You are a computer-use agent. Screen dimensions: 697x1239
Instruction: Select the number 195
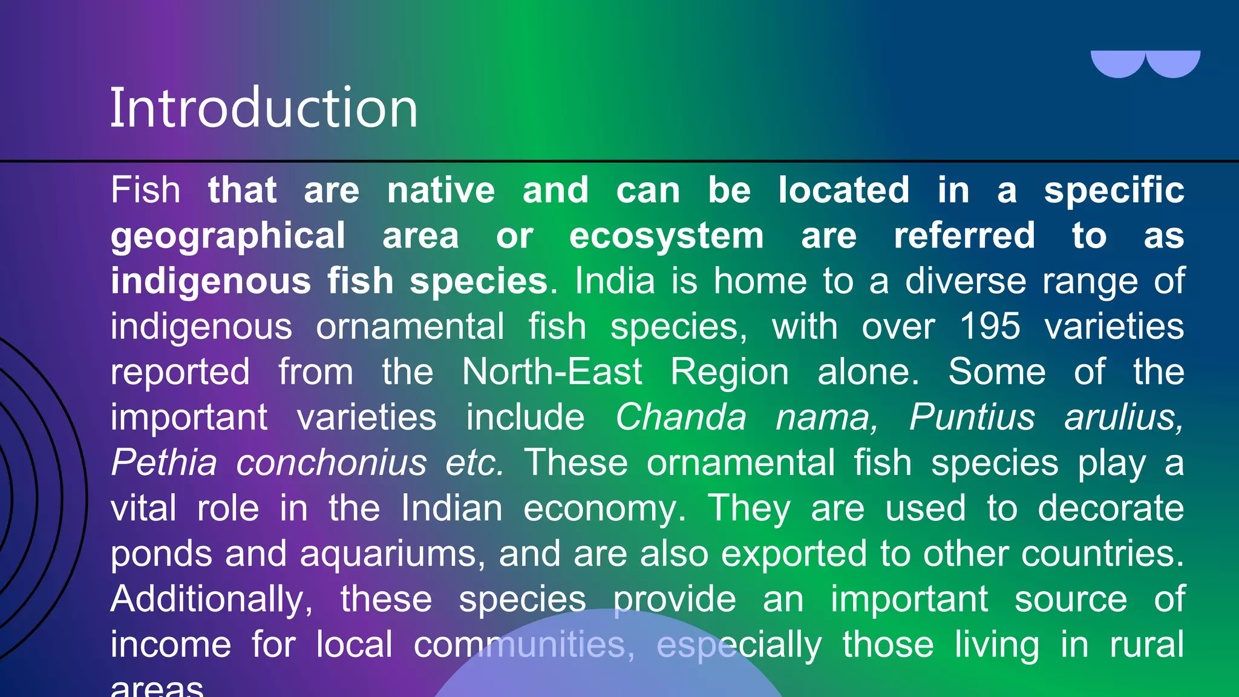point(990,327)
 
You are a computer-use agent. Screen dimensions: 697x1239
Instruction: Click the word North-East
point(552,371)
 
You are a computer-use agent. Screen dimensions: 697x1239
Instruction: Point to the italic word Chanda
point(681,417)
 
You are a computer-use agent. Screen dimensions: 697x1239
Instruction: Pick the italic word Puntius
point(972,417)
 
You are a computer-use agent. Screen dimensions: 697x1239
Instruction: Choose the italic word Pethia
point(164,463)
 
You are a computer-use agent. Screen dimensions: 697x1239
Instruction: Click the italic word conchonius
point(332,463)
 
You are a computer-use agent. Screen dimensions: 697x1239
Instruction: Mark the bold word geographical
point(227,236)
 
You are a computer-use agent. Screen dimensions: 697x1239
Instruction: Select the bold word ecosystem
point(666,236)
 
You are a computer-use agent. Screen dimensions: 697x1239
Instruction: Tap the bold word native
point(441,191)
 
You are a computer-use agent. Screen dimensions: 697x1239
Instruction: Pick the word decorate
point(1111,508)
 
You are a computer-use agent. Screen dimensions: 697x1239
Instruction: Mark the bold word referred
point(964,236)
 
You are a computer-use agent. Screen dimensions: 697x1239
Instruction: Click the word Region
point(730,371)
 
